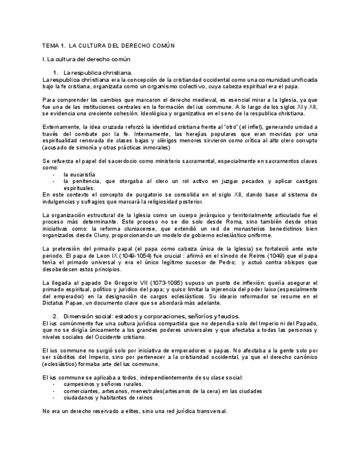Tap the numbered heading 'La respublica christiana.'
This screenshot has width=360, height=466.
click(x=97, y=73)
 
